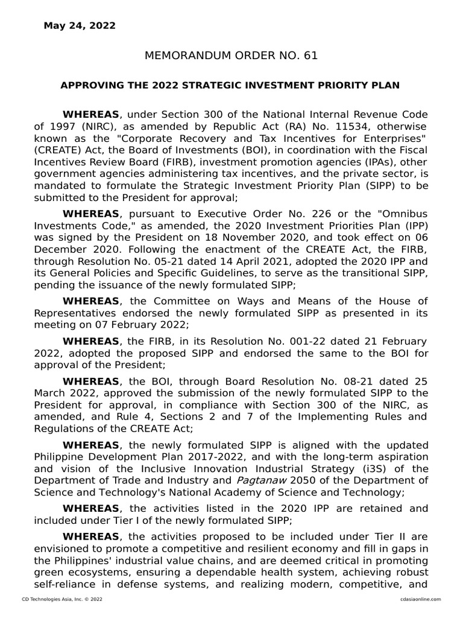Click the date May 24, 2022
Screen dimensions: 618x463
click(80, 25)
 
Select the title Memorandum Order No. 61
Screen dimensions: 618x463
click(231, 56)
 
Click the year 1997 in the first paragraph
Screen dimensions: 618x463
click(62, 126)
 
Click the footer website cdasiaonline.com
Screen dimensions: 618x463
click(420, 599)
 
